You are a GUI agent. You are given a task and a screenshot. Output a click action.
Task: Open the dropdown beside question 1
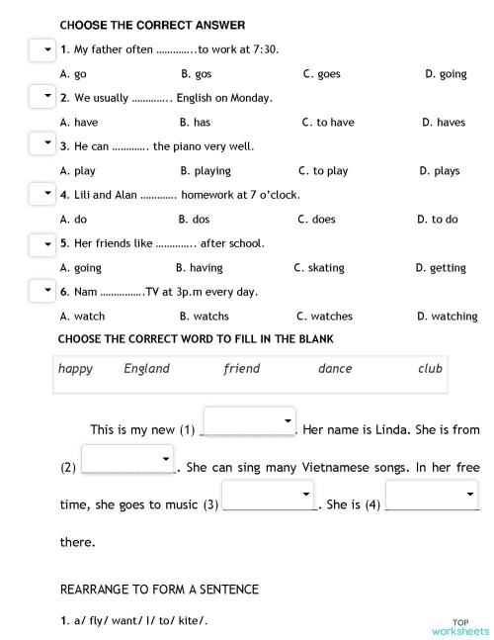pyautogui.click(x=41, y=49)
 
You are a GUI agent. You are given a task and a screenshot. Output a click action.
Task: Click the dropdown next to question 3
pyautogui.click(x=41, y=144)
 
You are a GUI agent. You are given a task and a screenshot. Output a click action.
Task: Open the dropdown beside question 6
pyautogui.click(x=41, y=290)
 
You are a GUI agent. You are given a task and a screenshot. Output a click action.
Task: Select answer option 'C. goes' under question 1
pyautogui.click(x=321, y=74)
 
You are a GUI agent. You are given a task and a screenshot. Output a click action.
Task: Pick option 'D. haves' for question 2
pyautogui.click(x=444, y=123)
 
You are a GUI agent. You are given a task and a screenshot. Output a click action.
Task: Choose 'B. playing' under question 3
pyautogui.click(x=206, y=171)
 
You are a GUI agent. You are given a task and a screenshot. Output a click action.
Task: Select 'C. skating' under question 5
pyautogui.click(x=319, y=268)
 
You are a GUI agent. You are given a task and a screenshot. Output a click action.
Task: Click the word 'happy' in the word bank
pyautogui.click(x=75, y=369)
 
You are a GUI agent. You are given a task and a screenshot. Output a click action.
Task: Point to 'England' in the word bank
pyautogui.click(x=146, y=369)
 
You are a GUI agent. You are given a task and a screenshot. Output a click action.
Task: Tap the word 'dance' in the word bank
pyautogui.click(x=335, y=369)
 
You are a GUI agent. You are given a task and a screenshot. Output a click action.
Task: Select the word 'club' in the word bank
pyautogui.click(x=430, y=369)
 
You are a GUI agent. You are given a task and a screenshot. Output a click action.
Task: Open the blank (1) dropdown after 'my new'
pyautogui.click(x=250, y=420)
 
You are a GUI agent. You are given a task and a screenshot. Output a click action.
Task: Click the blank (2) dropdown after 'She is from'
pyautogui.click(x=127, y=459)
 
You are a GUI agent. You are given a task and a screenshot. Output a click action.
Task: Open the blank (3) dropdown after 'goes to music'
pyautogui.click(x=268, y=496)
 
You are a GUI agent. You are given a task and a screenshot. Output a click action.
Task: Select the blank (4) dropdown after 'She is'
pyautogui.click(x=431, y=496)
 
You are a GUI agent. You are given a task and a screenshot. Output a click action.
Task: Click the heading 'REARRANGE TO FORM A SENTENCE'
pyautogui.click(x=159, y=590)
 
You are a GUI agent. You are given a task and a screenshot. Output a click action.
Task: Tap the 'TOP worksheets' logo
pyautogui.click(x=459, y=627)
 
